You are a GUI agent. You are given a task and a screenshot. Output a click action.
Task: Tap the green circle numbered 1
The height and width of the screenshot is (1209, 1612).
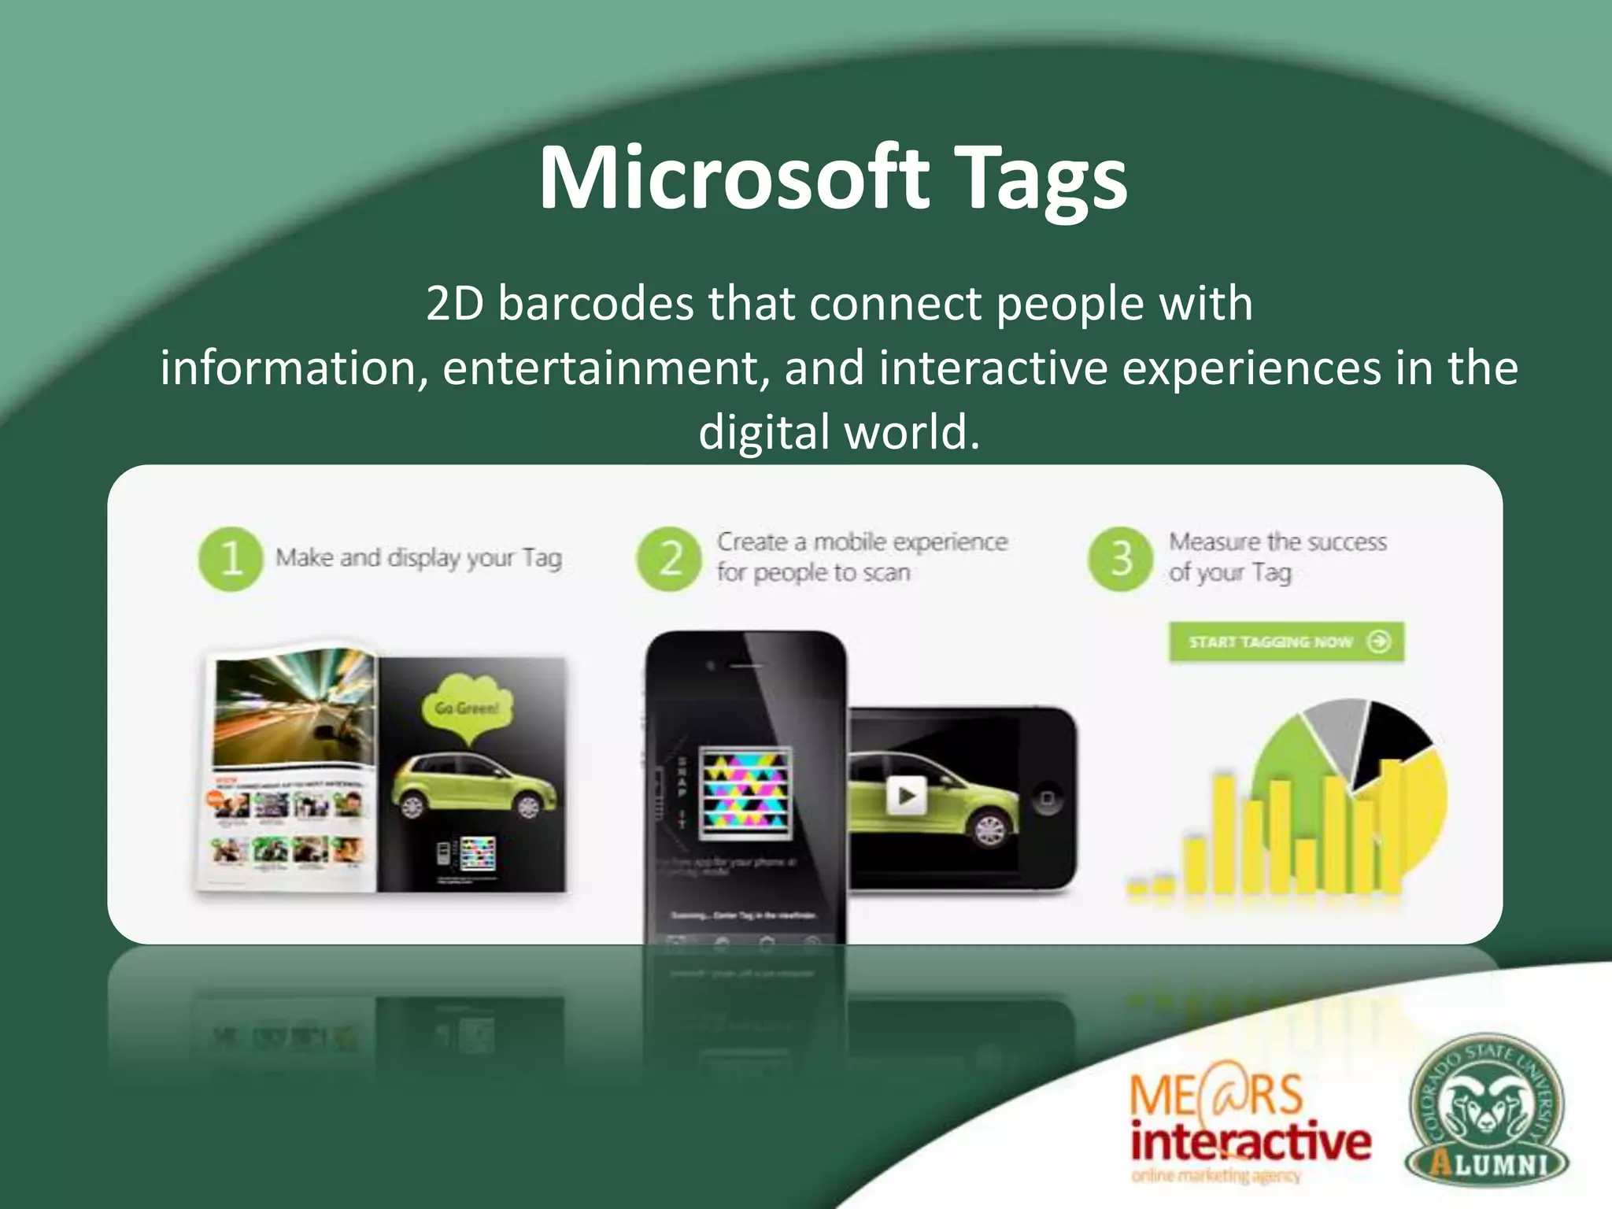[x=230, y=558]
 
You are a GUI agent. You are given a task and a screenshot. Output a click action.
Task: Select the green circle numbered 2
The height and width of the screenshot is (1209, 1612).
[x=669, y=558]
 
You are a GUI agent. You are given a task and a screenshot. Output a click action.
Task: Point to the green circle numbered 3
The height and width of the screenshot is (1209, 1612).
[x=1121, y=558]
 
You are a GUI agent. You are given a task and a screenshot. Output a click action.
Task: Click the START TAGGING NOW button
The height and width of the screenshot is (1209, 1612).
[x=1286, y=641]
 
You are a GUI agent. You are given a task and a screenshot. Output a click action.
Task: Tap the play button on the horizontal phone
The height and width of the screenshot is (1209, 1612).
[x=906, y=796]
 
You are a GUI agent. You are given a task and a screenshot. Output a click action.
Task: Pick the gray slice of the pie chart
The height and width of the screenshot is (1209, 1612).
[x=1334, y=732]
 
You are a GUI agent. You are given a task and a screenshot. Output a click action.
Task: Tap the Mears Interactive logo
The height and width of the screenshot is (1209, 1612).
[x=1249, y=1129]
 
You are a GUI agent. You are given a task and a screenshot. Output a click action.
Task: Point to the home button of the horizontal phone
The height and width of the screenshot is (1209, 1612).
[x=1047, y=798]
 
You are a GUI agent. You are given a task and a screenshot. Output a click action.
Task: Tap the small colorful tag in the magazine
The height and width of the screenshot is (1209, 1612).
[x=477, y=852]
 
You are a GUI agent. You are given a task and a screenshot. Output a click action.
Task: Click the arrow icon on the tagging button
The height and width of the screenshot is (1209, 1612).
[x=1379, y=641]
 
